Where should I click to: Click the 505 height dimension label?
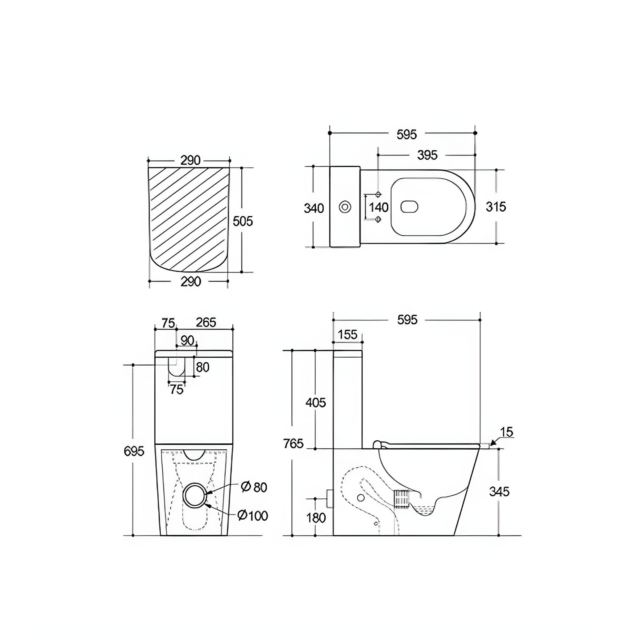[x=243, y=222]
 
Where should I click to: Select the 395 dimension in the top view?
[x=427, y=155]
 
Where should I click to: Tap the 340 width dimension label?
[x=314, y=208]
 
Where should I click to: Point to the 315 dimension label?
[x=496, y=207]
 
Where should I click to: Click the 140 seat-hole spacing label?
[x=378, y=207]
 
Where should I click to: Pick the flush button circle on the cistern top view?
[x=345, y=207]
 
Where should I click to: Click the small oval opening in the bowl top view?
[x=410, y=206]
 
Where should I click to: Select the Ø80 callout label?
[x=254, y=487]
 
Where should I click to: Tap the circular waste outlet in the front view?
[x=195, y=495]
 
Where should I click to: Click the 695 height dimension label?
[x=134, y=451]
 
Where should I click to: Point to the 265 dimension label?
[x=206, y=322]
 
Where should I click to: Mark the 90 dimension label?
[x=187, y=341]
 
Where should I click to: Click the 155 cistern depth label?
[x=347, y=335]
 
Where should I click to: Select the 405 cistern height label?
[x=316, y=403]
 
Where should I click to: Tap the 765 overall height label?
[x=293, y=444]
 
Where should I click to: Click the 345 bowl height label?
[x=500, y=492]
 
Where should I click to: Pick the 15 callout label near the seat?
[x=507, y=432]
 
